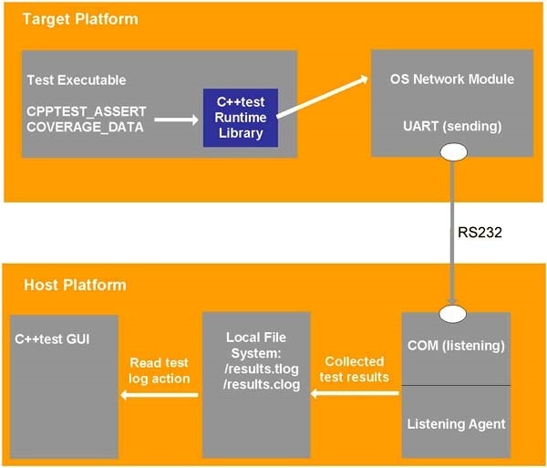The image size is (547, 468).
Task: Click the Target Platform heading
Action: tap(80, 19)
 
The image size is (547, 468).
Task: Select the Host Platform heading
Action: tap(75, 285)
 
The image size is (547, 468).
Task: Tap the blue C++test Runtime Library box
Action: tap(241, 118)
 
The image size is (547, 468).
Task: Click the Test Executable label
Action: tap(77, 80)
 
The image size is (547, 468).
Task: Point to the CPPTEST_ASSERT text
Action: tap(87, 111)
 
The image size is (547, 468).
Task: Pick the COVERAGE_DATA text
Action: tap(85, 127)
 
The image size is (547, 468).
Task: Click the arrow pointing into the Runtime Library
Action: tap(176, 120)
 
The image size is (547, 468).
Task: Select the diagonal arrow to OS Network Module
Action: tap(323, 97)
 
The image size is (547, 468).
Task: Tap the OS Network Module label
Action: tap(452, 79)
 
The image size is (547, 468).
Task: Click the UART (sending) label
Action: tap(452, 126)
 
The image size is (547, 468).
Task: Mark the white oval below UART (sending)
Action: tap(453, 152)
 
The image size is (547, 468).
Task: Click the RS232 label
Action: tap(480, 232)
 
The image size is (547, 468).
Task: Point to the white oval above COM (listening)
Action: tap(452, 314)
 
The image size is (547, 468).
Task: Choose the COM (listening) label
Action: tap(456, 346)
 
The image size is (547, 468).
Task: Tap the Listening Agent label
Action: tap(457, 424)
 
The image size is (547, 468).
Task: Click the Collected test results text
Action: tap(355, 369)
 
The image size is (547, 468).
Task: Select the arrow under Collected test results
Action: tap(355, 393)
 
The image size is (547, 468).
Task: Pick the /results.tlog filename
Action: tap(262, 369)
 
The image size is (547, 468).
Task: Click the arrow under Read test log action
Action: tap(159, 395)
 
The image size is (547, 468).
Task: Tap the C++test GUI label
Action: tap(52, 338)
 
